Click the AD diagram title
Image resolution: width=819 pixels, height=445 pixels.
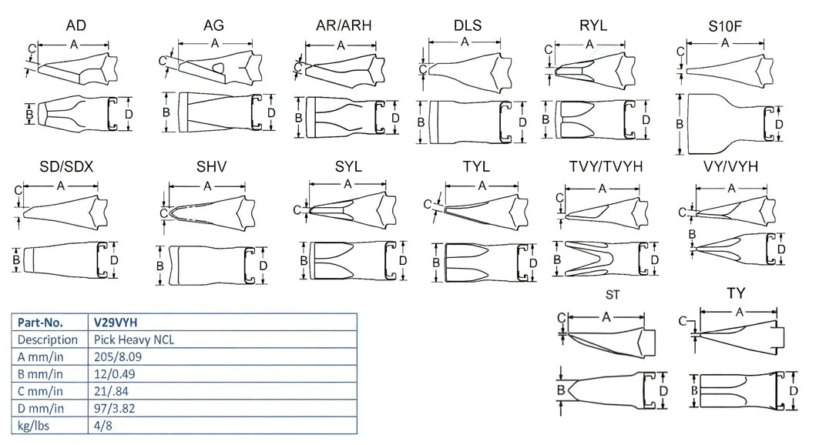(76, 25)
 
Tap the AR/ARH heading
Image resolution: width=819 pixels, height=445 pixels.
(344, 25)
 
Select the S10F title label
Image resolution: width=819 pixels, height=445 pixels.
(725, 28)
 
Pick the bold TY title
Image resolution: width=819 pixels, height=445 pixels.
(737, 293)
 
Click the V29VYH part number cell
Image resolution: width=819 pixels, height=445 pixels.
(117, 322)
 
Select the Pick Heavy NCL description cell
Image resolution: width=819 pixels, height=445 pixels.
(131, 340)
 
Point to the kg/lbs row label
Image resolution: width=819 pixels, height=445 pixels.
(33, 425)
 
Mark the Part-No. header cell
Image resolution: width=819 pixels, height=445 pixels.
(39, 322)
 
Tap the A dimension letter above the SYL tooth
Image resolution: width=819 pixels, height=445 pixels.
(347, 184)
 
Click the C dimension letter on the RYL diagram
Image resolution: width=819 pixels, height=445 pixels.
(548, 50)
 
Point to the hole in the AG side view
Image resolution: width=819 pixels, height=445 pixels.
(219, 68)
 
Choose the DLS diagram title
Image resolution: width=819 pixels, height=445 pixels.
(467, 25)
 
